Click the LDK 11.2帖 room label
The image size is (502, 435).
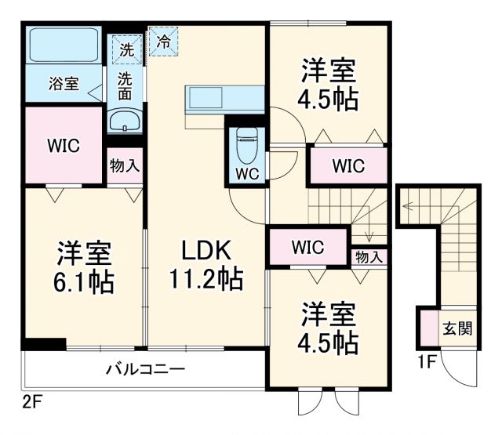(x=206, y=264)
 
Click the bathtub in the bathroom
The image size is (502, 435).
(x=63, y=48)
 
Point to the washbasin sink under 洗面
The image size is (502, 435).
(x=124, y=121)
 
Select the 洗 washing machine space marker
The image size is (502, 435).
(x=127, y=49)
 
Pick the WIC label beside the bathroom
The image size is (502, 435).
(x=63, y=146)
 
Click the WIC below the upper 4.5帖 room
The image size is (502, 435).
(x=347, y=165)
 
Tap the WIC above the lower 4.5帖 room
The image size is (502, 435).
(x=307, y=248)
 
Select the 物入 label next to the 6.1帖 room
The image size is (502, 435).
(x=125, y=165)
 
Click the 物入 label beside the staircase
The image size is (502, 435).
(x=369, y=256)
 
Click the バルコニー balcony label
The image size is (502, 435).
(x=145, y=368)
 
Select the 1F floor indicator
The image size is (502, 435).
(x=427, y=361)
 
